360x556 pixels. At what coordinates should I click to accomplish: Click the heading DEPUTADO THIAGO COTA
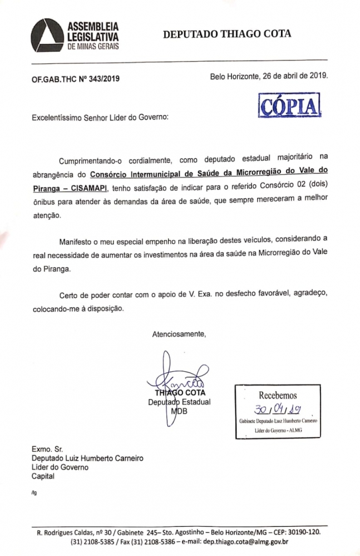click(x=226, y=34)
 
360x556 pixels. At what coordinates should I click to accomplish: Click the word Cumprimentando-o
click(x=95, y=161)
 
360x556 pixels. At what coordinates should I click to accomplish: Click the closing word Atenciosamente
click(x=179, y=334)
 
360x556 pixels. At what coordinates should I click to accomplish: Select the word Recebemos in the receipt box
click(x=278, y=395)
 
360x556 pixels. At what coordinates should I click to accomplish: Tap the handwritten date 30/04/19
click(x=277, y=410)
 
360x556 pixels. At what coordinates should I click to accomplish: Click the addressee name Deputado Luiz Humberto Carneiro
click(x=87, y=458)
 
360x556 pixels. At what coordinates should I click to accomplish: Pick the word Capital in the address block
click(x=43, y=476)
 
